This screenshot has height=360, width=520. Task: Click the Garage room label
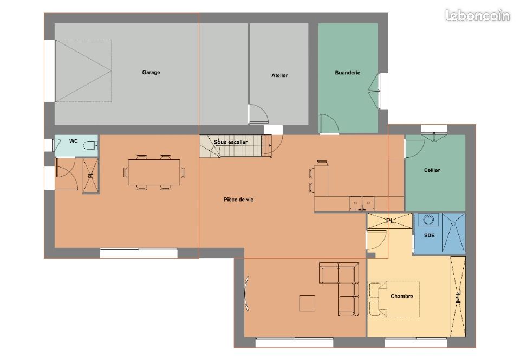click(151, 72)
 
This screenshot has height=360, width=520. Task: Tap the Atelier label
click(279, 75)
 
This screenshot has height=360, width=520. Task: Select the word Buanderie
click(348, 73)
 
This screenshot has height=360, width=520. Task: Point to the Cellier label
click(432, 170)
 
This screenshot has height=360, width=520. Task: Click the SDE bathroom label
click(429, 235)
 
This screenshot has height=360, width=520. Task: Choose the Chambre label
click(401, 296)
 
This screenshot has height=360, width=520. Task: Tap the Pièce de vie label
click(238, 200)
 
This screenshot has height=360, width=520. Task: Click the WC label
click(73, 141)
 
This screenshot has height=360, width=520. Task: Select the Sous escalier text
click(231, 142)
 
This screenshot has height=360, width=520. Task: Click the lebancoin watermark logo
click(477, 15)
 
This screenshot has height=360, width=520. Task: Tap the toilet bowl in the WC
click(90, 145)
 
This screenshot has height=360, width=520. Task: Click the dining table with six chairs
click(154, 172)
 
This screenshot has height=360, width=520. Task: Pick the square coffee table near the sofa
click(307, 303)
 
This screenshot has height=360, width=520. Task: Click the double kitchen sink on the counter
click(362, 203)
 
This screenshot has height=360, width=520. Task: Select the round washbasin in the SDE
click(428, 220)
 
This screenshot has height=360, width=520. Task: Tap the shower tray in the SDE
click(453, 232)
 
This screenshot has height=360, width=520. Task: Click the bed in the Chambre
click(394, 299)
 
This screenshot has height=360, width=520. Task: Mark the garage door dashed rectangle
click(83, 71)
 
